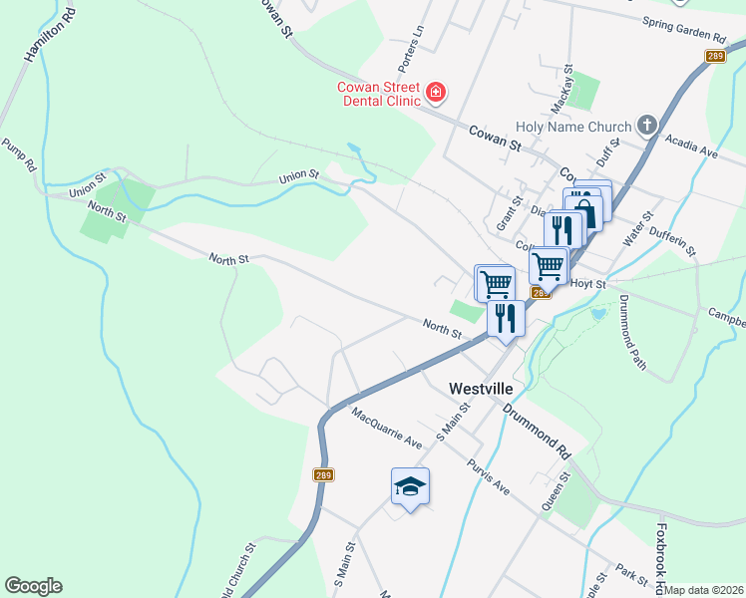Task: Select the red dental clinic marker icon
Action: coord(435,94)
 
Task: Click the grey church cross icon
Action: coord(647,126)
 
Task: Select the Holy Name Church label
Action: coord(573,127)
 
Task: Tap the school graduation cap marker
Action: coord(409,486)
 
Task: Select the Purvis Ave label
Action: coord(490,476)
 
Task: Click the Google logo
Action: coord(33,586)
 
